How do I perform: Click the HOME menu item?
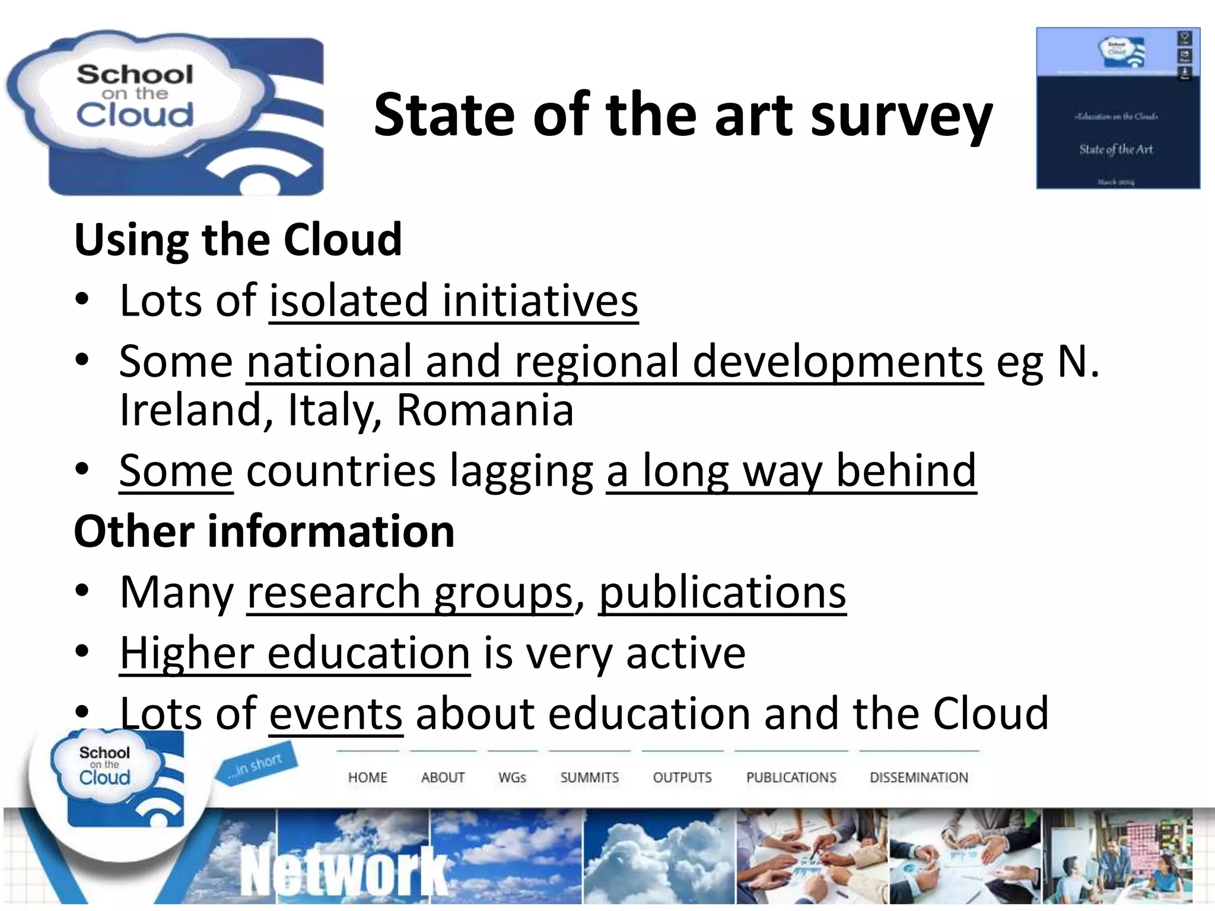click(x=367, y=777)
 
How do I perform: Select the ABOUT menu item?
click(x=443, y=777)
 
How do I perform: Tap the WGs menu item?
click(x=512, y=777)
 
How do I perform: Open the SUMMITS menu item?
click(x=589, y=777)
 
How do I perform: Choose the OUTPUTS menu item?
click(x=682, y=777)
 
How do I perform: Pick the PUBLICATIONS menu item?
click(x=791, y=777)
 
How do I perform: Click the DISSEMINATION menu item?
click(x=918, y=777)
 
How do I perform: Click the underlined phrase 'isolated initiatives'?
click(x=453, y=301)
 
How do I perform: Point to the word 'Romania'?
click(x=485, y=410)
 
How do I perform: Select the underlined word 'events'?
click(x=336, y=713)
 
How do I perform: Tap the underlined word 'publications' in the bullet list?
click(x=722, y=592)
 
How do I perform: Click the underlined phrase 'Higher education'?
click(x=295, y=652)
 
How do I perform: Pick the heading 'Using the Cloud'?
click(x=238, y=240)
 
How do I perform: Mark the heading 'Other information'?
click(x=264, y=531)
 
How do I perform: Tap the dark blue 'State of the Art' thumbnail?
click(x=1118, y=109)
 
